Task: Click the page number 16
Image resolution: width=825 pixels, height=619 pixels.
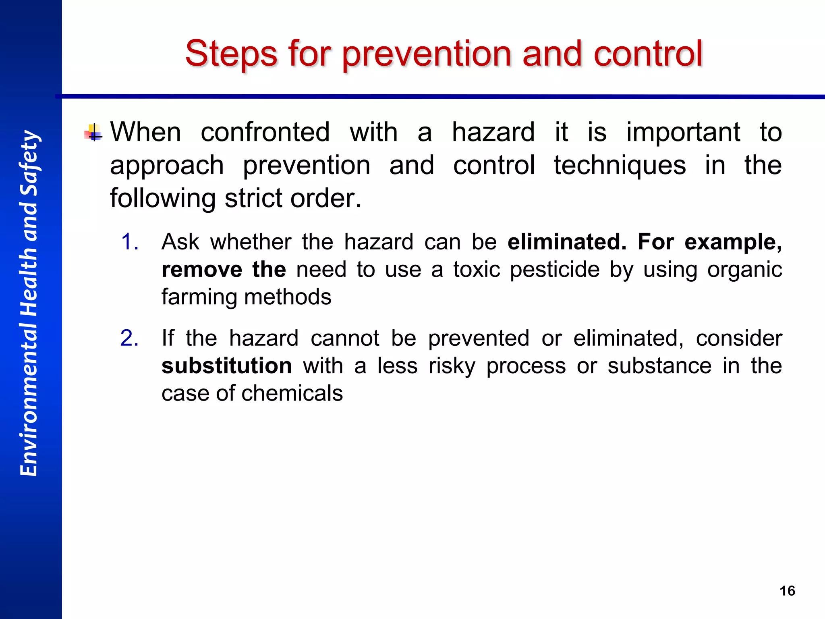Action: pos(787,591)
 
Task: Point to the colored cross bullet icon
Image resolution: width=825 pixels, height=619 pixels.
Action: pos(93,133)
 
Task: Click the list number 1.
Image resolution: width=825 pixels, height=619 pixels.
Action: pos(130,242)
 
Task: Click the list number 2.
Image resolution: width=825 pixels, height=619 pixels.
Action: pos(130,338)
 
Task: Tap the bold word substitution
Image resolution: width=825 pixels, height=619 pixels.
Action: pos(227,366)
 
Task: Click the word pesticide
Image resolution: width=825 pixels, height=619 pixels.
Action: pos(555,270)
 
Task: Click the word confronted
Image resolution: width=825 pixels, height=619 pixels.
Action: pos(265,132)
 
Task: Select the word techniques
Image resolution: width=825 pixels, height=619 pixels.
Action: pos(620,165)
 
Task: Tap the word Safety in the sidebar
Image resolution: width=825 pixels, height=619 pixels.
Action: pos(29,163)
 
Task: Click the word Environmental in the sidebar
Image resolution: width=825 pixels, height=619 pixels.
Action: pos(29,397)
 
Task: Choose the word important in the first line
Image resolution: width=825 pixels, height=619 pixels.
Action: pos(683,132)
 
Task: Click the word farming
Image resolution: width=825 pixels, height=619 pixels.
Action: pos(200,297)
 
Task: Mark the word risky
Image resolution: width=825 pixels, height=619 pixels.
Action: pos(452,366)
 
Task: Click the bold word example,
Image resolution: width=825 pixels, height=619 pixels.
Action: pos(733,242)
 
